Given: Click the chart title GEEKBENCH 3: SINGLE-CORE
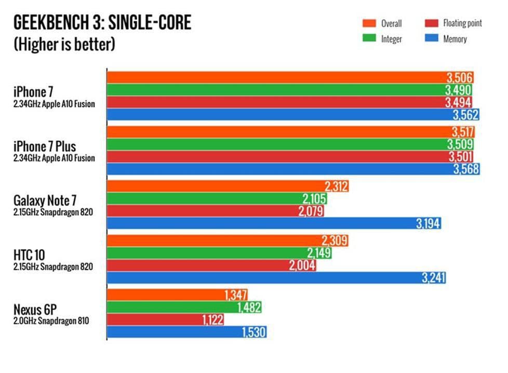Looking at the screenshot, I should click(x=102, y=23).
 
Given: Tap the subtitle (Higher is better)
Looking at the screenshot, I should click(x=64, y=44).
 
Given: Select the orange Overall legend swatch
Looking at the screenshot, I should click(x=369, y=23).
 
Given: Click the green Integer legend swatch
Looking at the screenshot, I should click(x=369, y=39).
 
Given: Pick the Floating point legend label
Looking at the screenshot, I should click(x=462, y=23).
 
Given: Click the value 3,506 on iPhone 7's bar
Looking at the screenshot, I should click(x=459, y=78).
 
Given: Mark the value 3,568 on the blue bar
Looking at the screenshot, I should click(x=465, y=169).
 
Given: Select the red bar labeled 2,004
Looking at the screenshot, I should click(x=208, y=266).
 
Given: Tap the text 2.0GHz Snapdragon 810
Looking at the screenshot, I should click(x=51, y=321).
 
